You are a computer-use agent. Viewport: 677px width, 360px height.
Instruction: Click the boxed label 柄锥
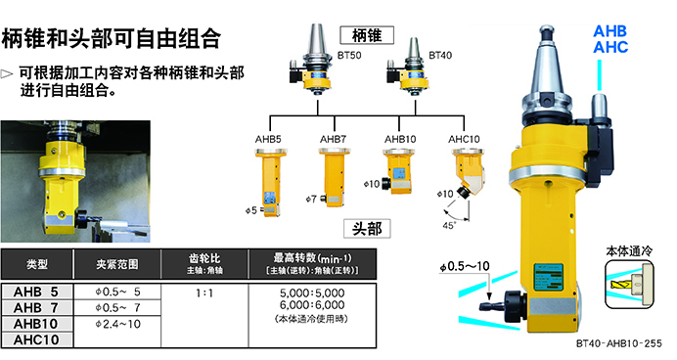(x=367, y=35)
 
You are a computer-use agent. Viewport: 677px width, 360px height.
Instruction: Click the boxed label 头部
(x=367, y=228)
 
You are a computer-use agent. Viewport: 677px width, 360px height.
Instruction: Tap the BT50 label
(x=349, y=55)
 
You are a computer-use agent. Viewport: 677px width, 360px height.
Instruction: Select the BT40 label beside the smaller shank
(x=440, y=55)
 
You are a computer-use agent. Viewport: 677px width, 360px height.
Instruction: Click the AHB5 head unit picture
(x=269, y=182)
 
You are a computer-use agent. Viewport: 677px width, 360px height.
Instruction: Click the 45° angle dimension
(x=449, y=225)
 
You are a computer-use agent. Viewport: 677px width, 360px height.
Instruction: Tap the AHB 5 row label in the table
(x=36, y=292)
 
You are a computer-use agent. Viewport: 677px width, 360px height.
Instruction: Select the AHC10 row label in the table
(x=36, y=339)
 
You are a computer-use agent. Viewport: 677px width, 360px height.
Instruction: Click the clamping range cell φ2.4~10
(x=117, y=324)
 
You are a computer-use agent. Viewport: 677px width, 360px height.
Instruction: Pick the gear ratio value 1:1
(x=204, y=293)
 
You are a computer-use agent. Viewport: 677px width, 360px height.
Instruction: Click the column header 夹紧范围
(x=117, y=264)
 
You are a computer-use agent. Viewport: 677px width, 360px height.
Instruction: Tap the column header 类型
(x=37, y=264)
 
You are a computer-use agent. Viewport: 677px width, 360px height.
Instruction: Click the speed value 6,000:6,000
(x=312, y=305)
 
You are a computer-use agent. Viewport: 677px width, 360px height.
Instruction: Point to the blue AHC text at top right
(x=610, y=47)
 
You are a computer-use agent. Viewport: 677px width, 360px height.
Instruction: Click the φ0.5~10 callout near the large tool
(x=465, y=266)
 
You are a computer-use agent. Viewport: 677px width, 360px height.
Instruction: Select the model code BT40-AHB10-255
(x=619, y=343)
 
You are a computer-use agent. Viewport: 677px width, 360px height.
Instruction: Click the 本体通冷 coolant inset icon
(x=629, y=285)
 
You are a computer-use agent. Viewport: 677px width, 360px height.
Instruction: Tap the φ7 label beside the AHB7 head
(x=311, y=199)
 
